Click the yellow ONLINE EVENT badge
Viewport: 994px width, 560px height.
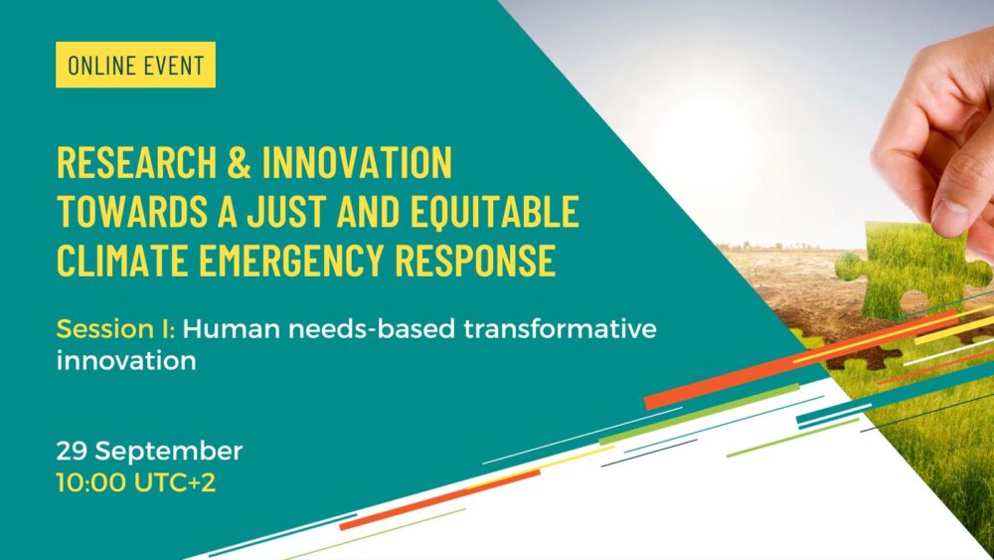pyautogui.click(x=135, y=65)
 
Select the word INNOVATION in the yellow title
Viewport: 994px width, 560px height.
pyautogui.click(x=357, y=162)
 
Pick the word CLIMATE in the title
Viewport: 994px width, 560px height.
pyautogui.click(x=121, y=260)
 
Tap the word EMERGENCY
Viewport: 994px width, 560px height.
pyautogui.click(x=291, y=260)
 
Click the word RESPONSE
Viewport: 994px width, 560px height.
pyautogui.click(x=475, y=260)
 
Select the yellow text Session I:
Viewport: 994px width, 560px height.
pyautogui.click(x=115, y=329)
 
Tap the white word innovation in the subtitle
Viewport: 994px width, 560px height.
pyautogui.click(x=126, y=361)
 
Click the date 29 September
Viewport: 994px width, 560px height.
pyautogui.click(x=150, y=451)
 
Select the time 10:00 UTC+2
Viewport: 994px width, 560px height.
pyautogui.click(x=135, y=482)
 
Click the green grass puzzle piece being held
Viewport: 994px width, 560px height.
pyautogui.click(x=911, y=270)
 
